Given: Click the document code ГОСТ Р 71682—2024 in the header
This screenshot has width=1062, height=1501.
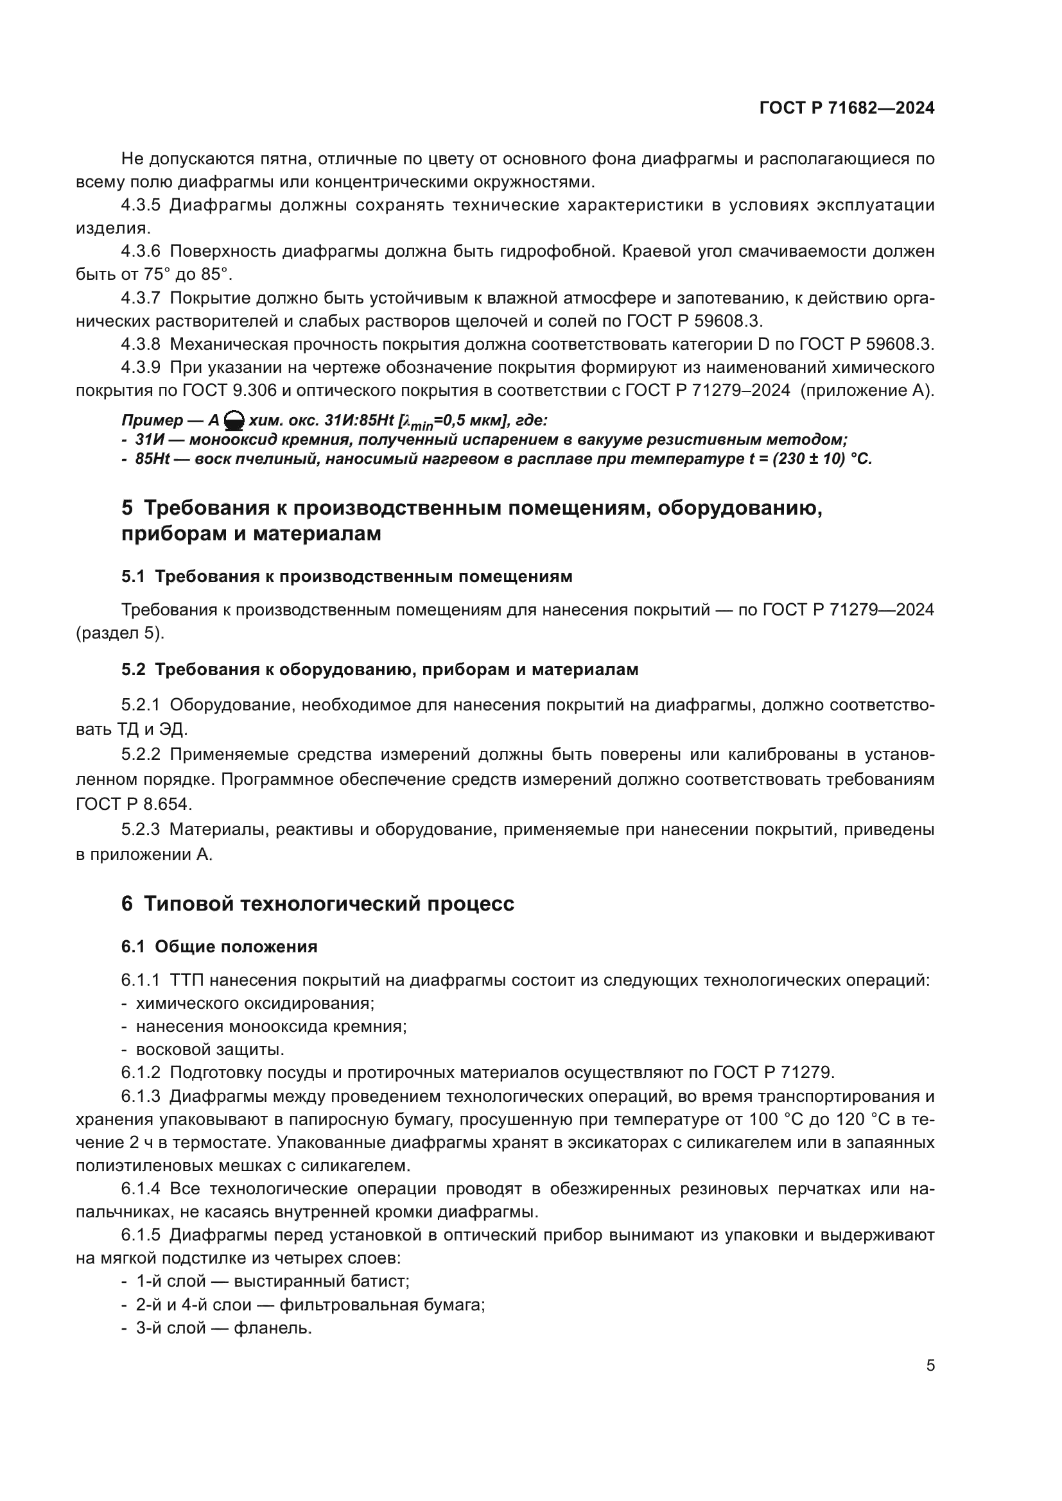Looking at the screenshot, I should point(846,108).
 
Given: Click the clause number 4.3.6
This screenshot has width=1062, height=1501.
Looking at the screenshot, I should point(141,251).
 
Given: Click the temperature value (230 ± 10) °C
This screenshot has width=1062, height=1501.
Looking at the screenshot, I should point(822,459).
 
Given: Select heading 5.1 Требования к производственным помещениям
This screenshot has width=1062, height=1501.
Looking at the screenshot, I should point(347,577).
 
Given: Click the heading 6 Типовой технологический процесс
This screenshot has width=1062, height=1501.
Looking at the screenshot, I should point(318,904).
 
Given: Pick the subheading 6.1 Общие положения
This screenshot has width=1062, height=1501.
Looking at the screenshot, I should point(219,947).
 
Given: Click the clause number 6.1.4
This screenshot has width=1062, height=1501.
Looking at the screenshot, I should point(141,1188).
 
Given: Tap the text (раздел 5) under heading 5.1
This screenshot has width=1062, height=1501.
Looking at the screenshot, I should point(120,633).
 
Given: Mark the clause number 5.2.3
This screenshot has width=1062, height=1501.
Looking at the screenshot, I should point(141,830).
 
